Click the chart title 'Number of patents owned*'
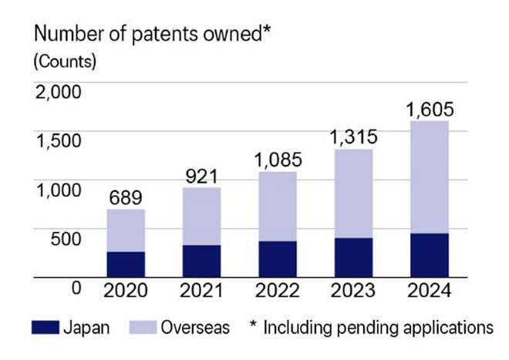[151, 35]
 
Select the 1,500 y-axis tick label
[58, 140]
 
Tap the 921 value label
[201, 176]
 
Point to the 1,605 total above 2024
[430, 109]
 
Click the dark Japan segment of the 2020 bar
[126, 264]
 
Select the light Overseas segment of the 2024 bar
[430, 177]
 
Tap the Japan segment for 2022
[278, 258]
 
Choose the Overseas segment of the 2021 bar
[201, 217]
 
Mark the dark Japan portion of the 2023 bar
[353, 257]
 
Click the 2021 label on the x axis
[201, 291]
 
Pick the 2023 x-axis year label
[353, 291]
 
